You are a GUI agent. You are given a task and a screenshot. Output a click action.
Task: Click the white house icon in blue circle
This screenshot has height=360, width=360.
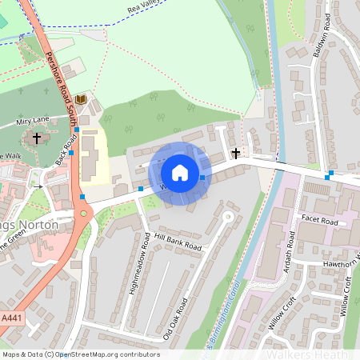pyautogui.click(x=180, y=172)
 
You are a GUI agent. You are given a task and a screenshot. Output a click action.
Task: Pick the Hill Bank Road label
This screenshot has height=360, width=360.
pyautogui.click(x=178, y=242)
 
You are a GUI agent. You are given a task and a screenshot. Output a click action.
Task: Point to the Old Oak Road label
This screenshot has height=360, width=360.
pyautogui.click(x=178, y=318)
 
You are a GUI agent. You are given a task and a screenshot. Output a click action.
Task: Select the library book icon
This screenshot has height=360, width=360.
pyautogui.click(x=80, y=99)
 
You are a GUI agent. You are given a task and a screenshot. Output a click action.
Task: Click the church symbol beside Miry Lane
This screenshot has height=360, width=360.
pyautogui.click(x=36, y=138)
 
